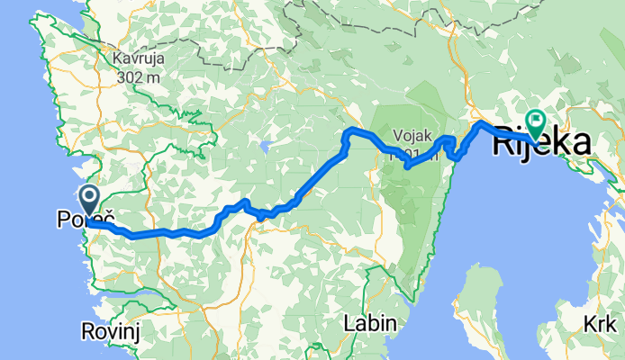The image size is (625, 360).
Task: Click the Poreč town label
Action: pyautogui.click(x=86, y=219)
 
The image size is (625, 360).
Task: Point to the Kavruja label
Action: pyautogui.click(x=138, y=60)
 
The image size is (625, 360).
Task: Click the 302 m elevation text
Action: pyautogui.click(x=138, y=76)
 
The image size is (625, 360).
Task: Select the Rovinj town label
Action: pyautogui.click(x=107, y=330)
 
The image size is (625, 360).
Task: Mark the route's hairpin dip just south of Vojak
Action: pyautogui.click(x=407, y=166)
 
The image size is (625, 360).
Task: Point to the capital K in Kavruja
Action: pyautogui.click(x=118, y=60)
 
